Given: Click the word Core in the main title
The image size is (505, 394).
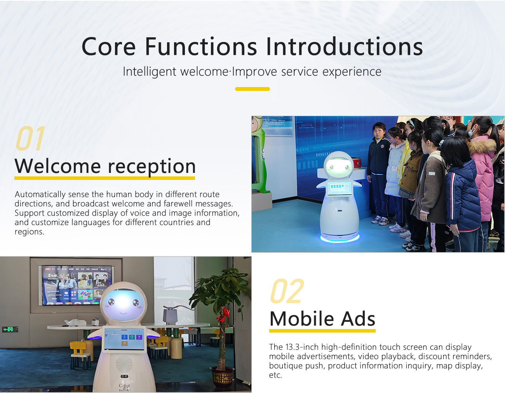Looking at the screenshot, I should [x=108, y=47].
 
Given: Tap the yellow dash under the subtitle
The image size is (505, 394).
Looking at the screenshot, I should [x=252, y=89].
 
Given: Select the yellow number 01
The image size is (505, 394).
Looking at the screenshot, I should [x=30, y=139].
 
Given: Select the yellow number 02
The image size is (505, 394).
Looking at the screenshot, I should [x=287, y=291].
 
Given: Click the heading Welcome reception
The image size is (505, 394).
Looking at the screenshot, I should [x=105, y=166].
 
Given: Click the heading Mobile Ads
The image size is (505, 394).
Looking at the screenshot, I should [x=322, y=319].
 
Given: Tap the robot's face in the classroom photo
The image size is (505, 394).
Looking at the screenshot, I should [x=338, y=167].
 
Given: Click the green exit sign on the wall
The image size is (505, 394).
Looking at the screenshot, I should [x=8, y=329].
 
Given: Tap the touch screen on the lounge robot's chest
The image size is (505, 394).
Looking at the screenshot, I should [x=124, y=338].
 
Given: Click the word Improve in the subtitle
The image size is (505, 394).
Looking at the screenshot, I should [x=255, y=72].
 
